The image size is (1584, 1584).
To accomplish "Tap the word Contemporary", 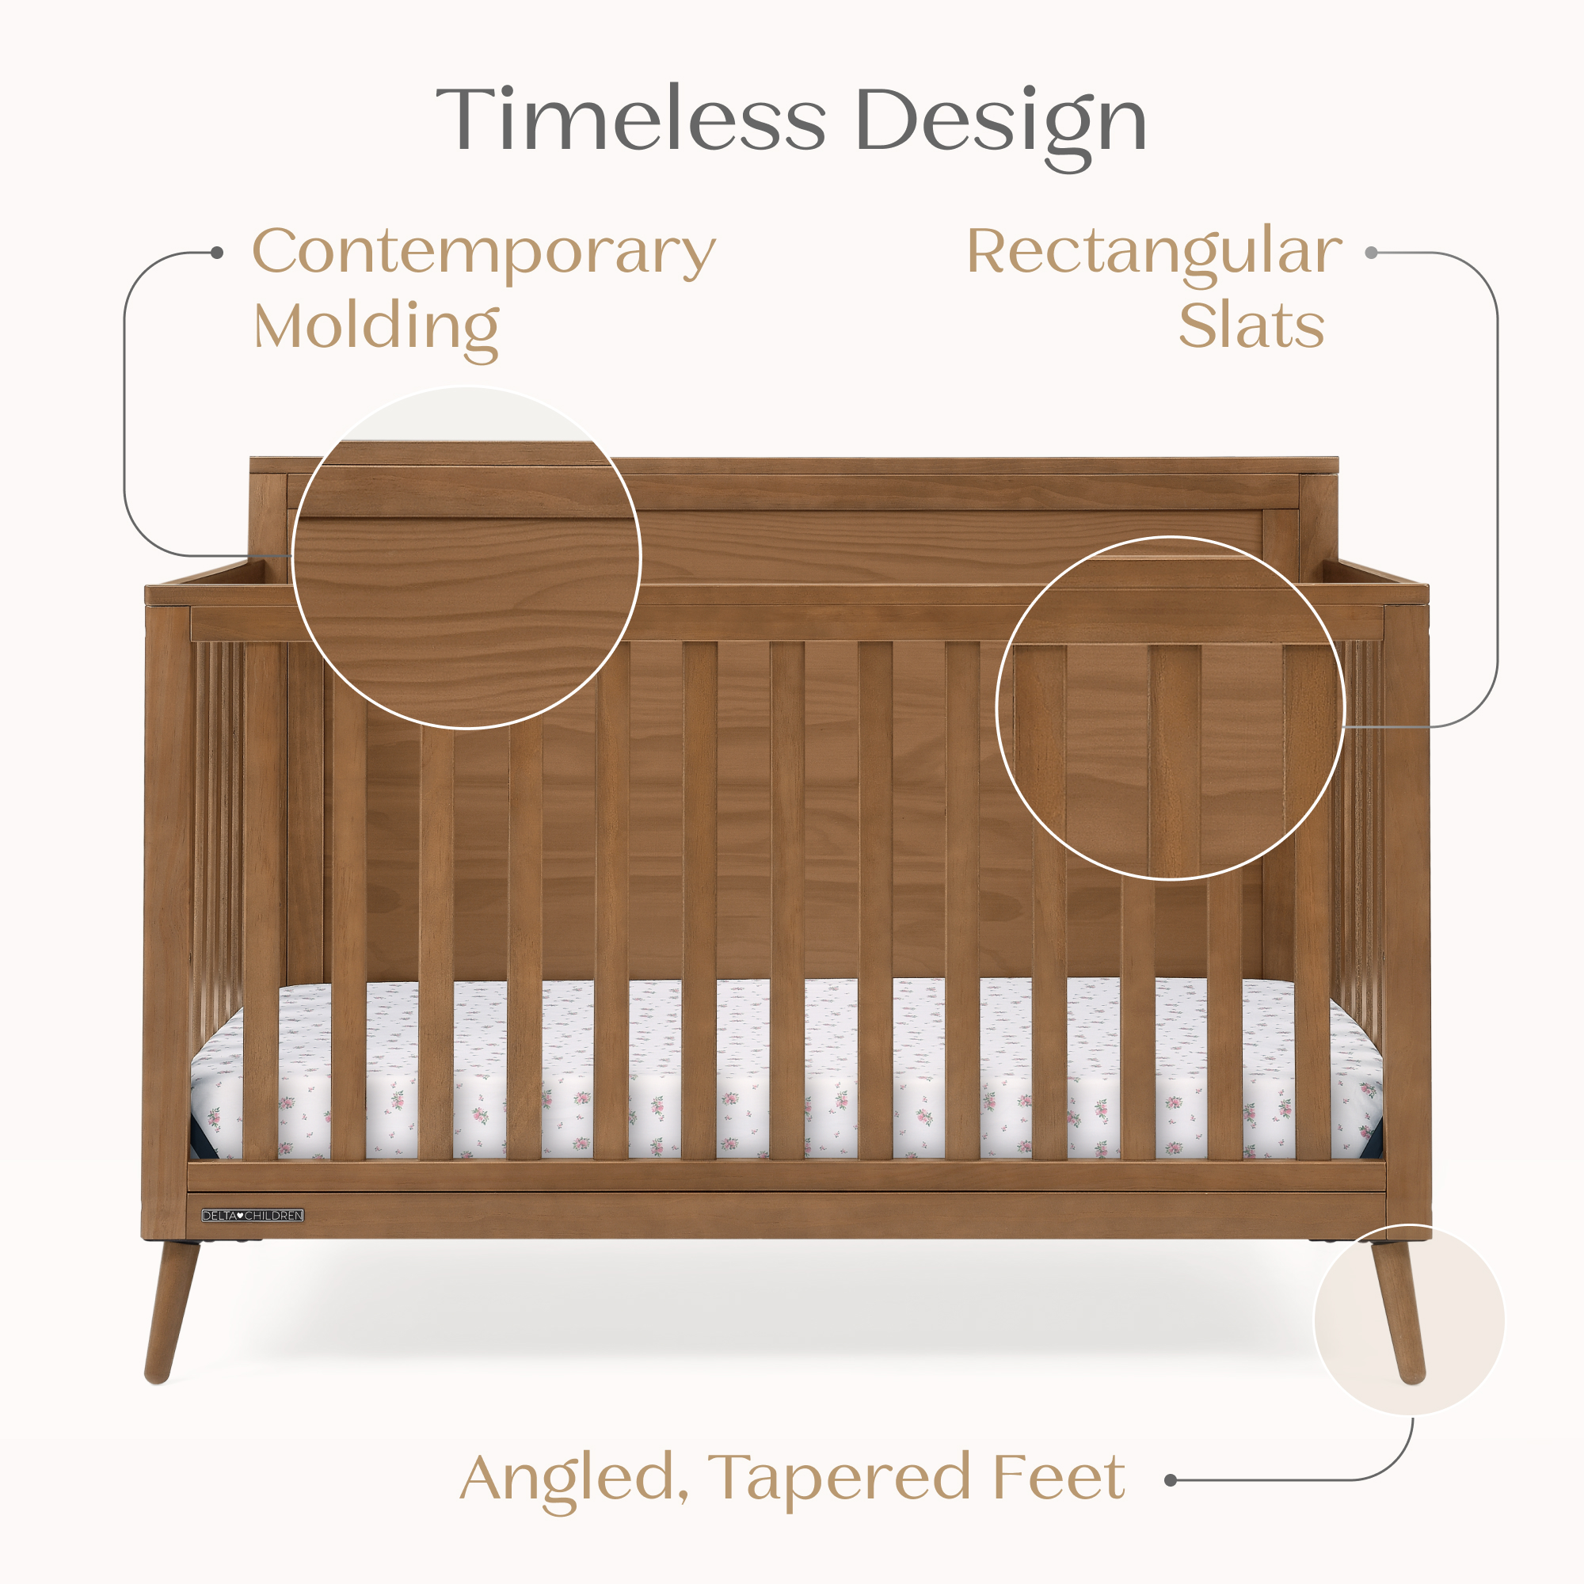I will [484, 253].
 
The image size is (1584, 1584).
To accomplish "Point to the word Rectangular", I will [1154, 253].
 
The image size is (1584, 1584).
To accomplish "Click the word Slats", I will [1251, 326].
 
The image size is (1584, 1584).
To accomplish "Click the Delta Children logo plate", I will [253, 1216].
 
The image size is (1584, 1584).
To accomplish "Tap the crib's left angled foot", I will [170, 1312].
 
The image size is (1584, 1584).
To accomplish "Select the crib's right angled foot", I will [1400, 1312].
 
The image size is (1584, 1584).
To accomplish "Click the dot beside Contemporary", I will [217, 253].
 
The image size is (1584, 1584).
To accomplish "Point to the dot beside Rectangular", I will [1371, 253].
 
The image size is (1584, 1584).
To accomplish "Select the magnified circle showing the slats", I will [1170, 708].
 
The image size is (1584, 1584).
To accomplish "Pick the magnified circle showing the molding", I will [466, 558].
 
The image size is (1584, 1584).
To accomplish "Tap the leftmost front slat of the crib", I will [261, 902].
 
